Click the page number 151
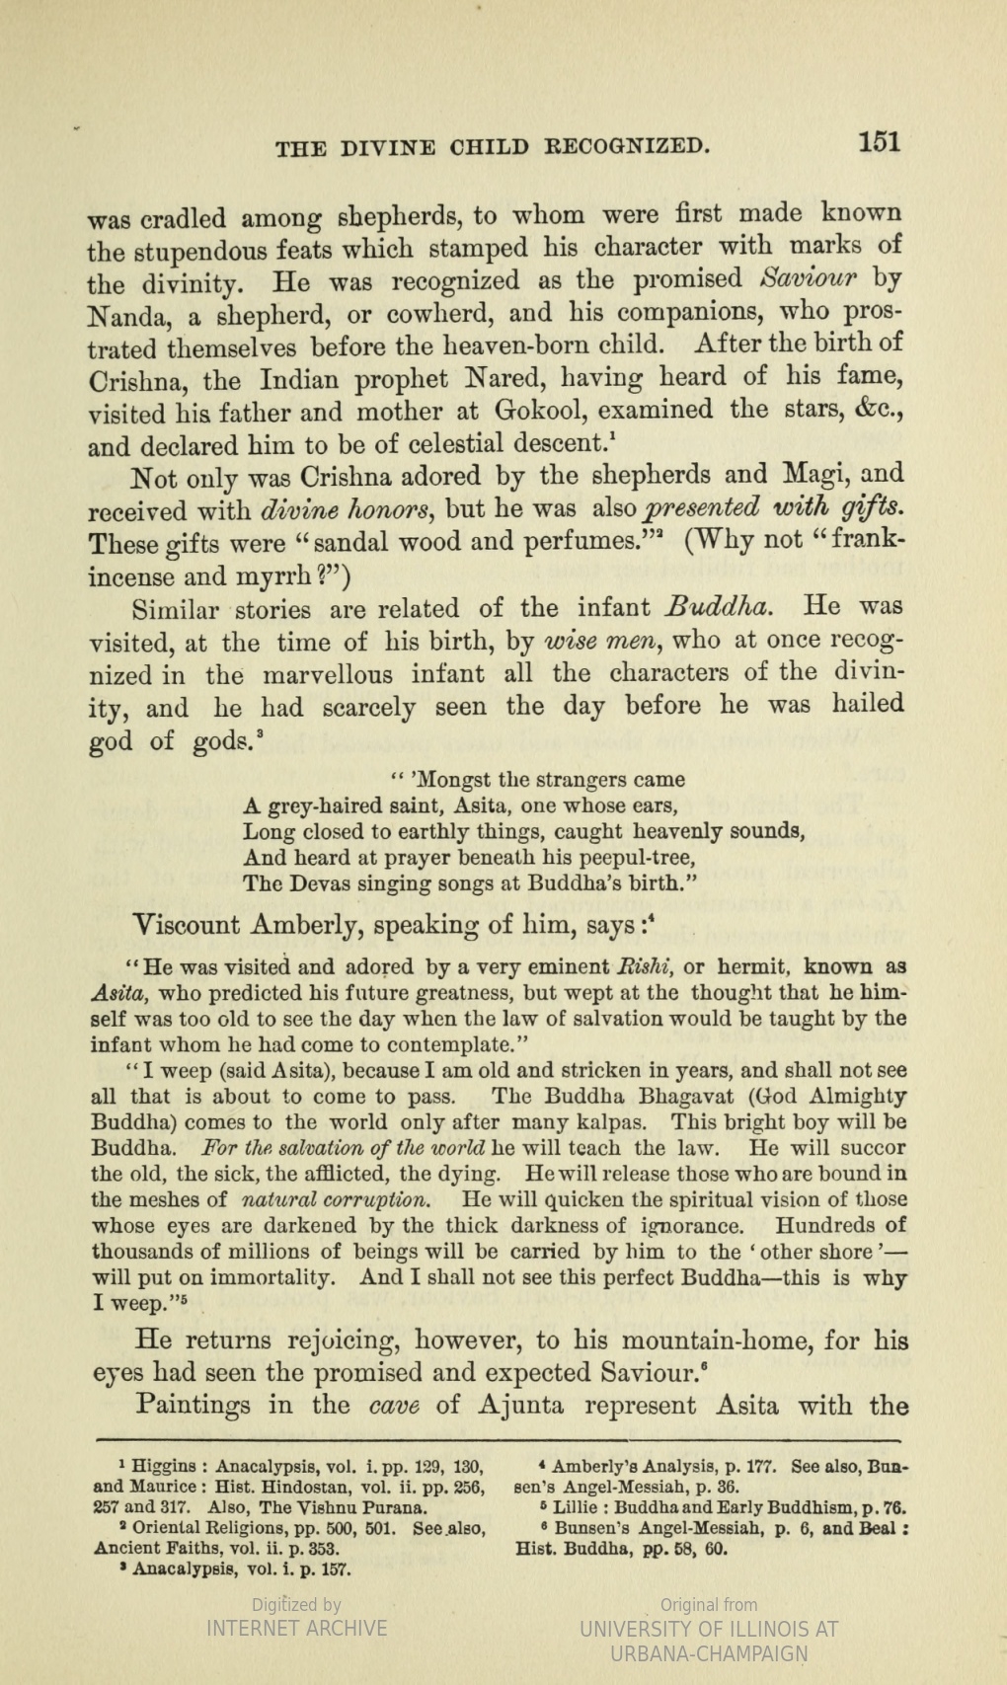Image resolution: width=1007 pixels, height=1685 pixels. tap(879, 141)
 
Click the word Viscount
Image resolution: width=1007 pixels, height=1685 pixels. tap(186, 925)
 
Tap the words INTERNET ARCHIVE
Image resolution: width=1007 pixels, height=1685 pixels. tap(296, 1629)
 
